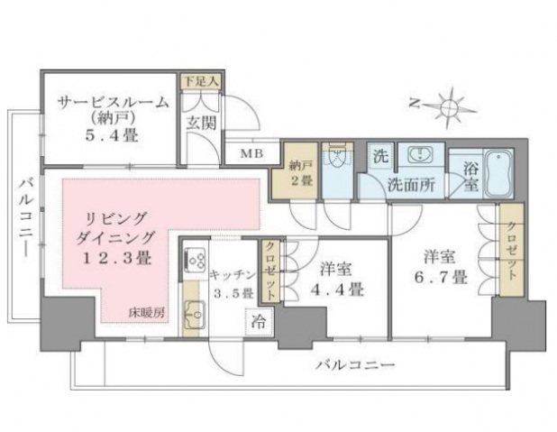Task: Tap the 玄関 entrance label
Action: click(x=200, y=122)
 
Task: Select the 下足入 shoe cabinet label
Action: click(x=198, y=81)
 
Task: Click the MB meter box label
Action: click(x=252, y=153)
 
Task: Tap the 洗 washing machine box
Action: click(x=380, y=155)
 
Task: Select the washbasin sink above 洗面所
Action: click(x=418, y=156)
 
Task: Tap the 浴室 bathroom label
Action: click(x=470, y=176)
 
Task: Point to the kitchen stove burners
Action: click(x=194, y=262)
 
